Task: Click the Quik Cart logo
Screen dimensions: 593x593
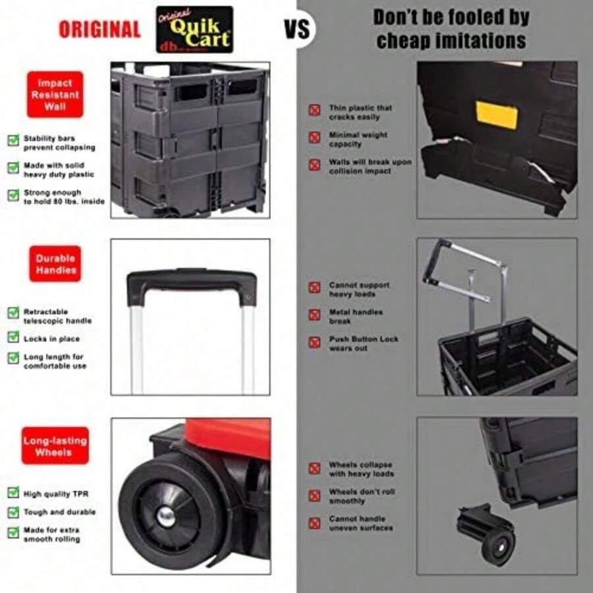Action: [194, 30]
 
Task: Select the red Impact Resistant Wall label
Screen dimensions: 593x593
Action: [55, 94]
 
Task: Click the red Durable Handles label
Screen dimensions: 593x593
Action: [55, 264]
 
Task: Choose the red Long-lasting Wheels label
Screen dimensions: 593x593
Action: [55, 446]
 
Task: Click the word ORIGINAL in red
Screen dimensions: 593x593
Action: [99, 30]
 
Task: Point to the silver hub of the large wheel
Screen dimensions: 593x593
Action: [166, 516]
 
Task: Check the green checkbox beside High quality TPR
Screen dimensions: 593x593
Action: [13, 493]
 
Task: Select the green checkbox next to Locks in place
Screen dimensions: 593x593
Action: [13, 337]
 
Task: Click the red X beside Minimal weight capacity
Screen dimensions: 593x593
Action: [315, 138]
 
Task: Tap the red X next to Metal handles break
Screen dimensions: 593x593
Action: [315, 315]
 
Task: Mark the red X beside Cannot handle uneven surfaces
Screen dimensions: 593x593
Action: [315, 523]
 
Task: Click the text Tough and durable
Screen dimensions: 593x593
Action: [59, 512]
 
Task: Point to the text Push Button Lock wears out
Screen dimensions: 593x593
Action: [364, 343]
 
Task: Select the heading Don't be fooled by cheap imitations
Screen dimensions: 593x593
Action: [450, 29]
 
